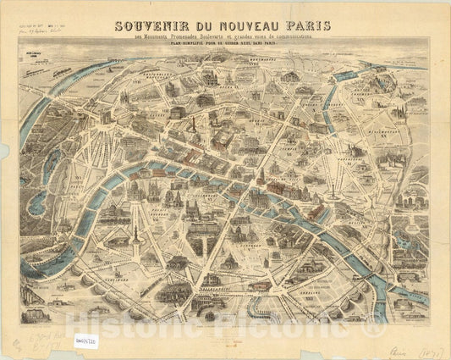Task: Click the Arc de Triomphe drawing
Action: (x=127, y=119)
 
